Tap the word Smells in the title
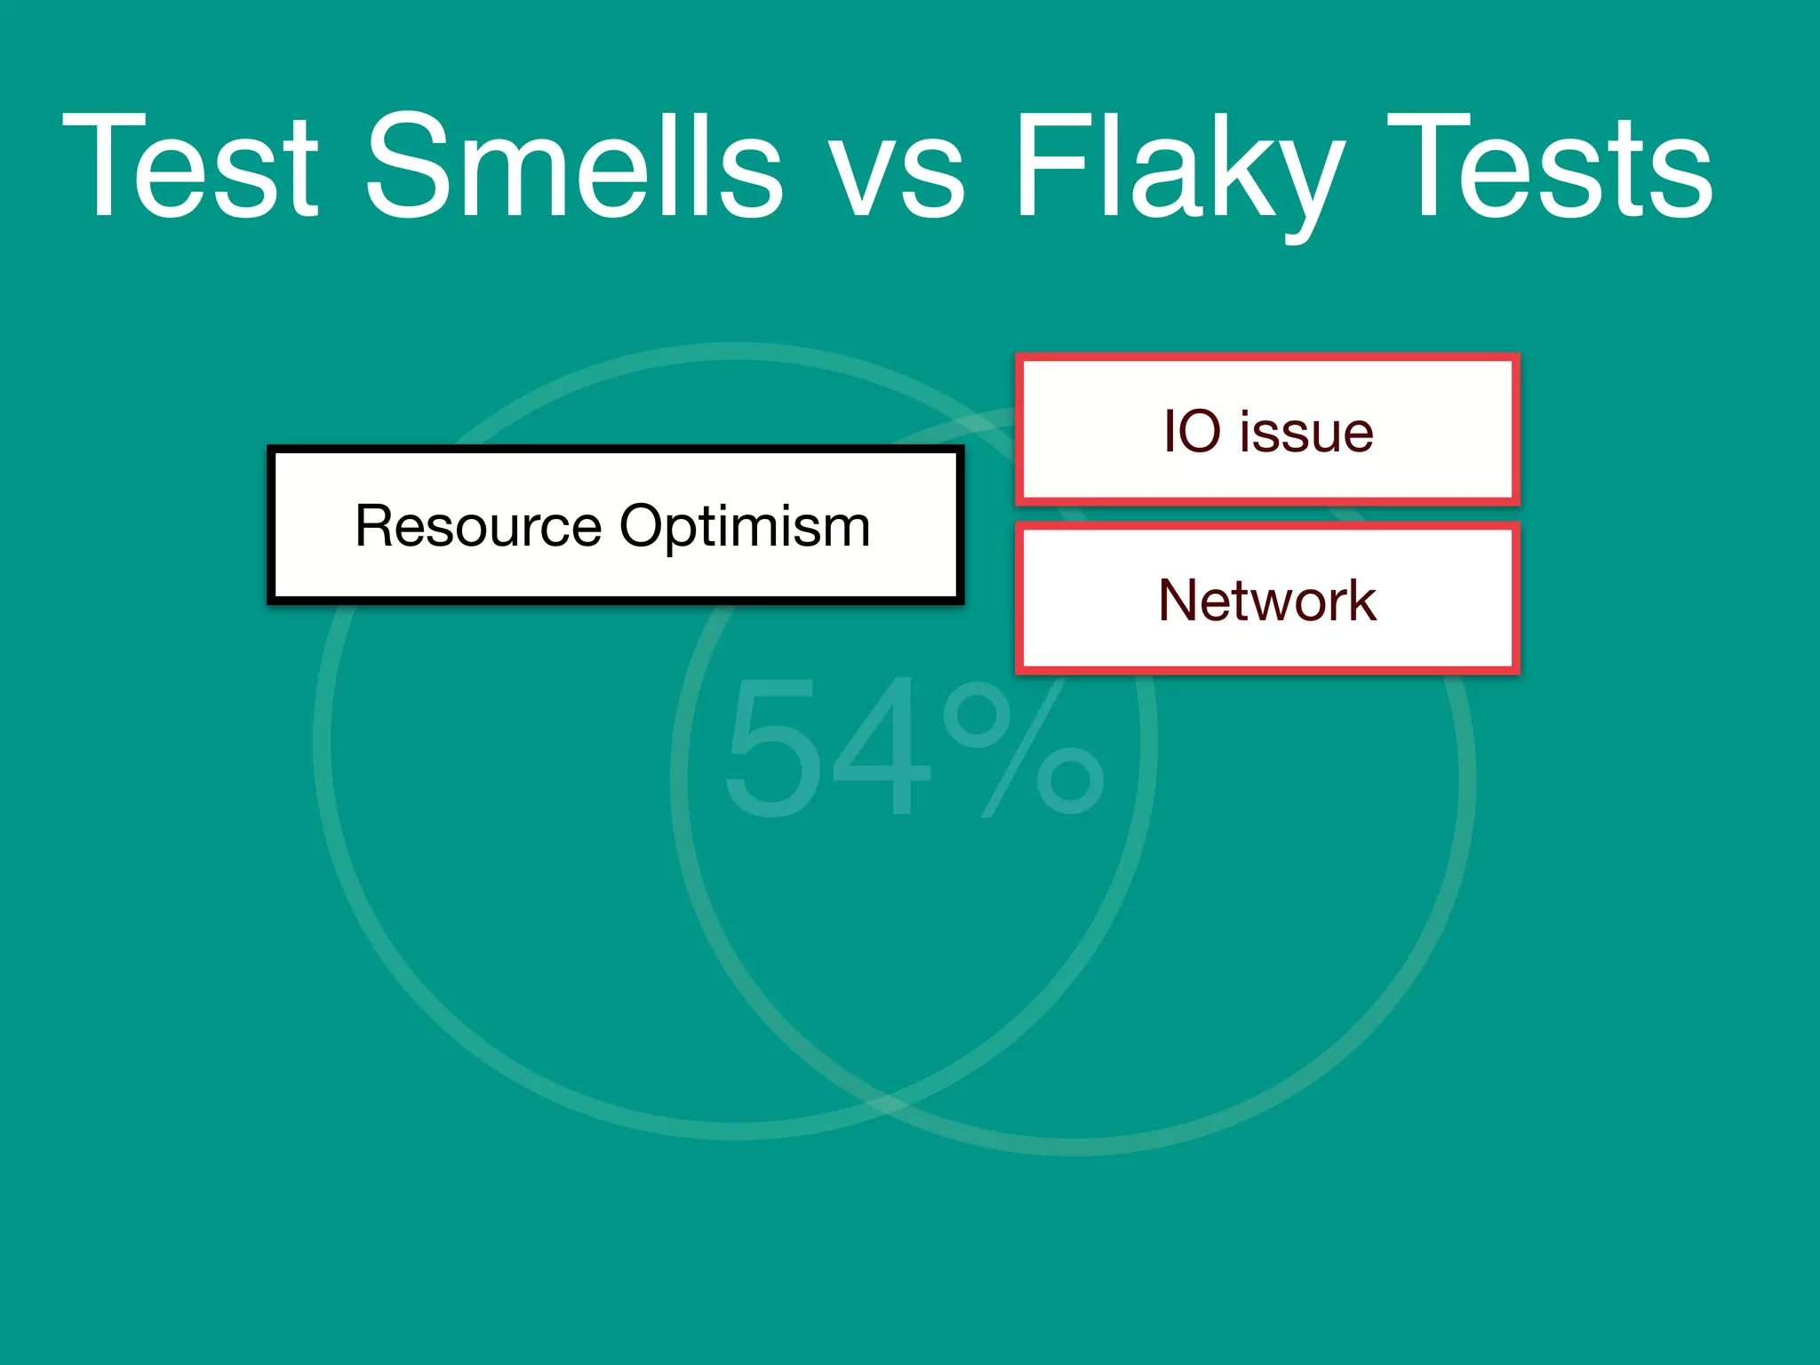574,166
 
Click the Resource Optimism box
615,525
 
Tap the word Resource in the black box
478,526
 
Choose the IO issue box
1267,429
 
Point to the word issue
1306,432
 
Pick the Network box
1267,598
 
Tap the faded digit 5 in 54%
772,748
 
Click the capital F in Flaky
1043,166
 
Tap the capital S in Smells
410,166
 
